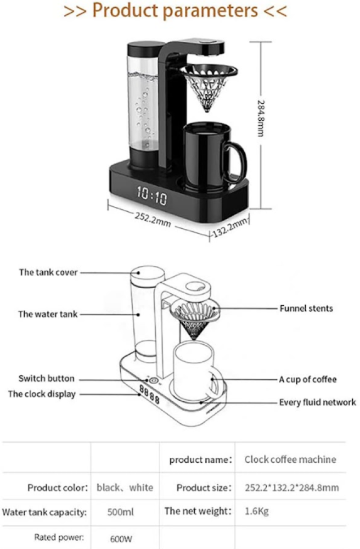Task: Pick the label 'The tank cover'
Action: coord(48,272)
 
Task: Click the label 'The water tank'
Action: coord(48,315)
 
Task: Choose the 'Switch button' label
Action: coord(47,379)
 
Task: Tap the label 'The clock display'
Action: coord(42,394)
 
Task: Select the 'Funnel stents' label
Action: coord(306,309)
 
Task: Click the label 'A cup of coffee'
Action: coord(308,379)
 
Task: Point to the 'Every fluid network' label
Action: coord(318,402)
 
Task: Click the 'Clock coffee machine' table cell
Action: coord(290,460)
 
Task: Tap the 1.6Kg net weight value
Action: coord(256,512)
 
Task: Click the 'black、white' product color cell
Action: coord(125,488)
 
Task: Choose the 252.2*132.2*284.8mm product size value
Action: coord(291,488)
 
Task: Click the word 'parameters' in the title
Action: coord(213,10)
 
